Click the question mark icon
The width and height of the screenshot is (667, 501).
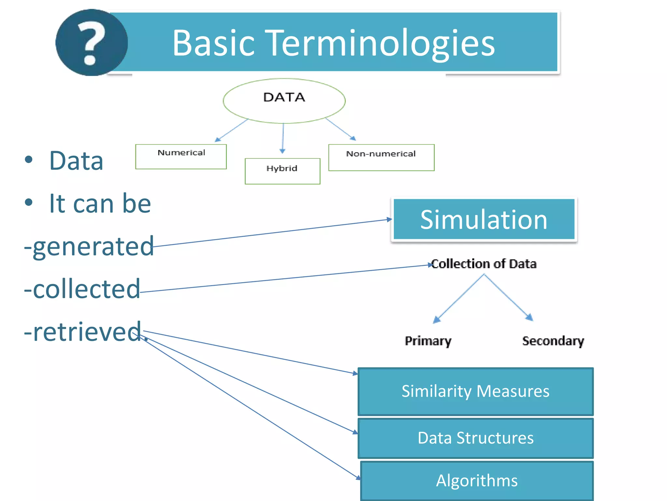tap(92, 43)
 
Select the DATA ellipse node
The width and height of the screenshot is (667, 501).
tap(284, 100)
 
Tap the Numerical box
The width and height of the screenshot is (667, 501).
tap(181, 157)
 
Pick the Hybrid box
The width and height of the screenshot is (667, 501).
tap(282, 171)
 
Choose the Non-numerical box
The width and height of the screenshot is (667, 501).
tap(381, 157)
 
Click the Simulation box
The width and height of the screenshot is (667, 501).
tap(484, 220)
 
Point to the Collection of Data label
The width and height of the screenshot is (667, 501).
tap(484, 264)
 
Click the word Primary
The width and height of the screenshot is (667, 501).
tap(428, 341)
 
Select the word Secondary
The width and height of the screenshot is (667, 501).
tap(553, 341)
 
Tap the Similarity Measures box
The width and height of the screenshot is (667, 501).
tap(475, 391)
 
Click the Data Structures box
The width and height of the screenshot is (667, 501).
tap(475, 438)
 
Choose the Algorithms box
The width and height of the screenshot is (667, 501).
tap(477, 480)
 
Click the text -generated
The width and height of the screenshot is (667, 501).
tap(89, 247)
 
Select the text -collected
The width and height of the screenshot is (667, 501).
tap(82, 289)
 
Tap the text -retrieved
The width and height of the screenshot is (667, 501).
tap(83, 332)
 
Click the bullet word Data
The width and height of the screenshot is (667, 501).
tap(76, 161)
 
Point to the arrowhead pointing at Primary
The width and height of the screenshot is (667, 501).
tap(436, 319)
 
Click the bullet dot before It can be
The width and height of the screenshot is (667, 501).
tap(29, 202)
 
